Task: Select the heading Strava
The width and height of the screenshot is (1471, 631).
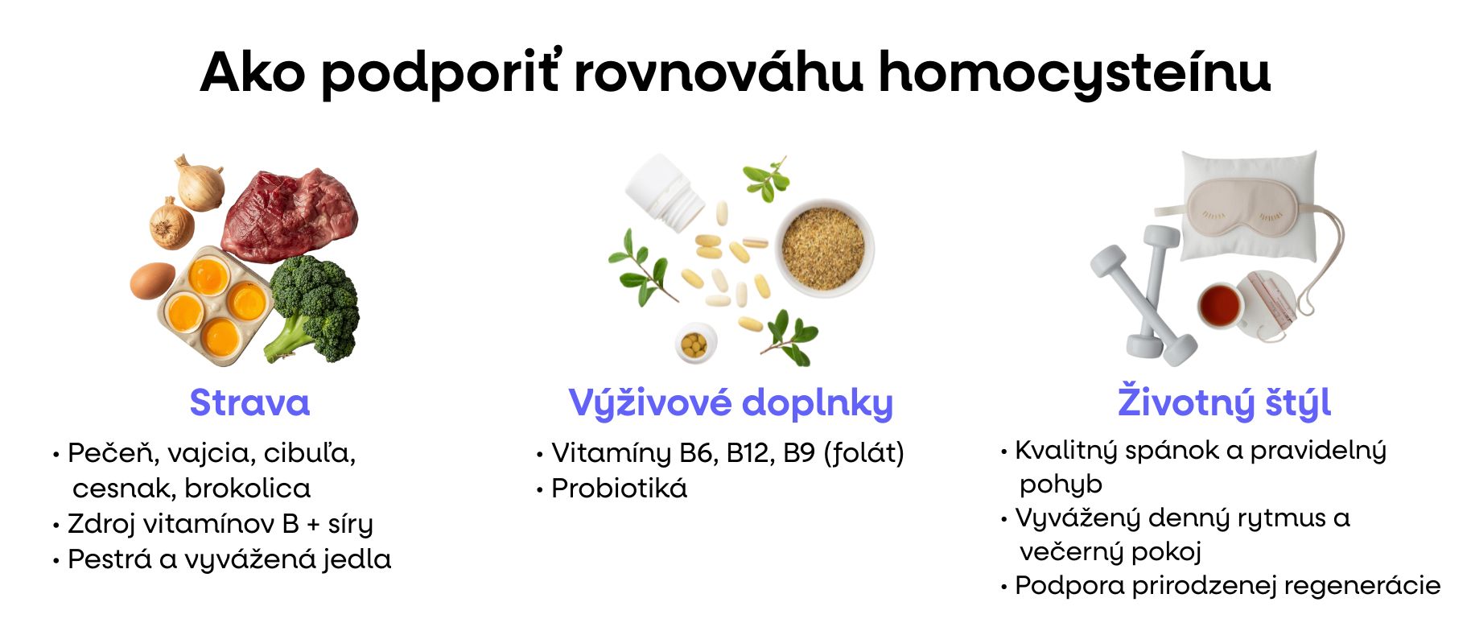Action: [249, 402]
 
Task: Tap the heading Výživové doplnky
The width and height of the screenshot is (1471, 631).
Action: [731, 402]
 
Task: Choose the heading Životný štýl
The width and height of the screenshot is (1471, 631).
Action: [1224, 402]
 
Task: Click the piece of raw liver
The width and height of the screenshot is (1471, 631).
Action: [290, 213]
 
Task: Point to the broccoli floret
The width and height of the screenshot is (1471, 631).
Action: [314, 306]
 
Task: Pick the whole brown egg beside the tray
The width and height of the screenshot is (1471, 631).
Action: [152, 280]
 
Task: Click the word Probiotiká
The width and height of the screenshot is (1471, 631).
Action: [619, 489]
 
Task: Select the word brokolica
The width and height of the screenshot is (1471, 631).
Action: [247, 489]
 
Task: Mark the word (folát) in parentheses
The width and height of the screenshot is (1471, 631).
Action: [863, 453]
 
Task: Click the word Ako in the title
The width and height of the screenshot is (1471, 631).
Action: [253, 72]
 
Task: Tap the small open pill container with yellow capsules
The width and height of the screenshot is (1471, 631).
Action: [695, 344]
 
